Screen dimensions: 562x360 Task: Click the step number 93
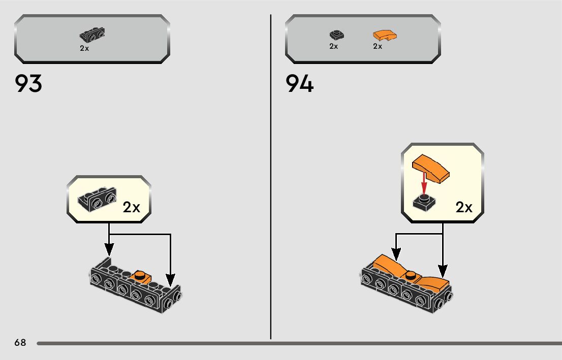(28, 84)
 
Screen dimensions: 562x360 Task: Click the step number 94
(300, 84)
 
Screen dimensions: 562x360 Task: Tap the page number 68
(20, 342)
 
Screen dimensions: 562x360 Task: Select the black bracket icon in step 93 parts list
(92, 35)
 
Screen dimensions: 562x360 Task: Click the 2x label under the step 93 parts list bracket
(84, 48)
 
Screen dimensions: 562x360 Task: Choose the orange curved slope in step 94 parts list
(385, 36)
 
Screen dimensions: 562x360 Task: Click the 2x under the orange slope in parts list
(378, 46)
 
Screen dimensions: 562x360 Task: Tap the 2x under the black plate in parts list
(333, 46)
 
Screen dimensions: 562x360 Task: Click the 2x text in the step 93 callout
(131, 207)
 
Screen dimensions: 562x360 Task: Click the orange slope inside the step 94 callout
(431, 169)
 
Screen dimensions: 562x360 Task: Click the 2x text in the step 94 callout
(464, 207)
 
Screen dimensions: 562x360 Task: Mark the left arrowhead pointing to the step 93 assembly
(109, 250)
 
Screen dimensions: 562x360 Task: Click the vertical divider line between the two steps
(271, 178)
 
